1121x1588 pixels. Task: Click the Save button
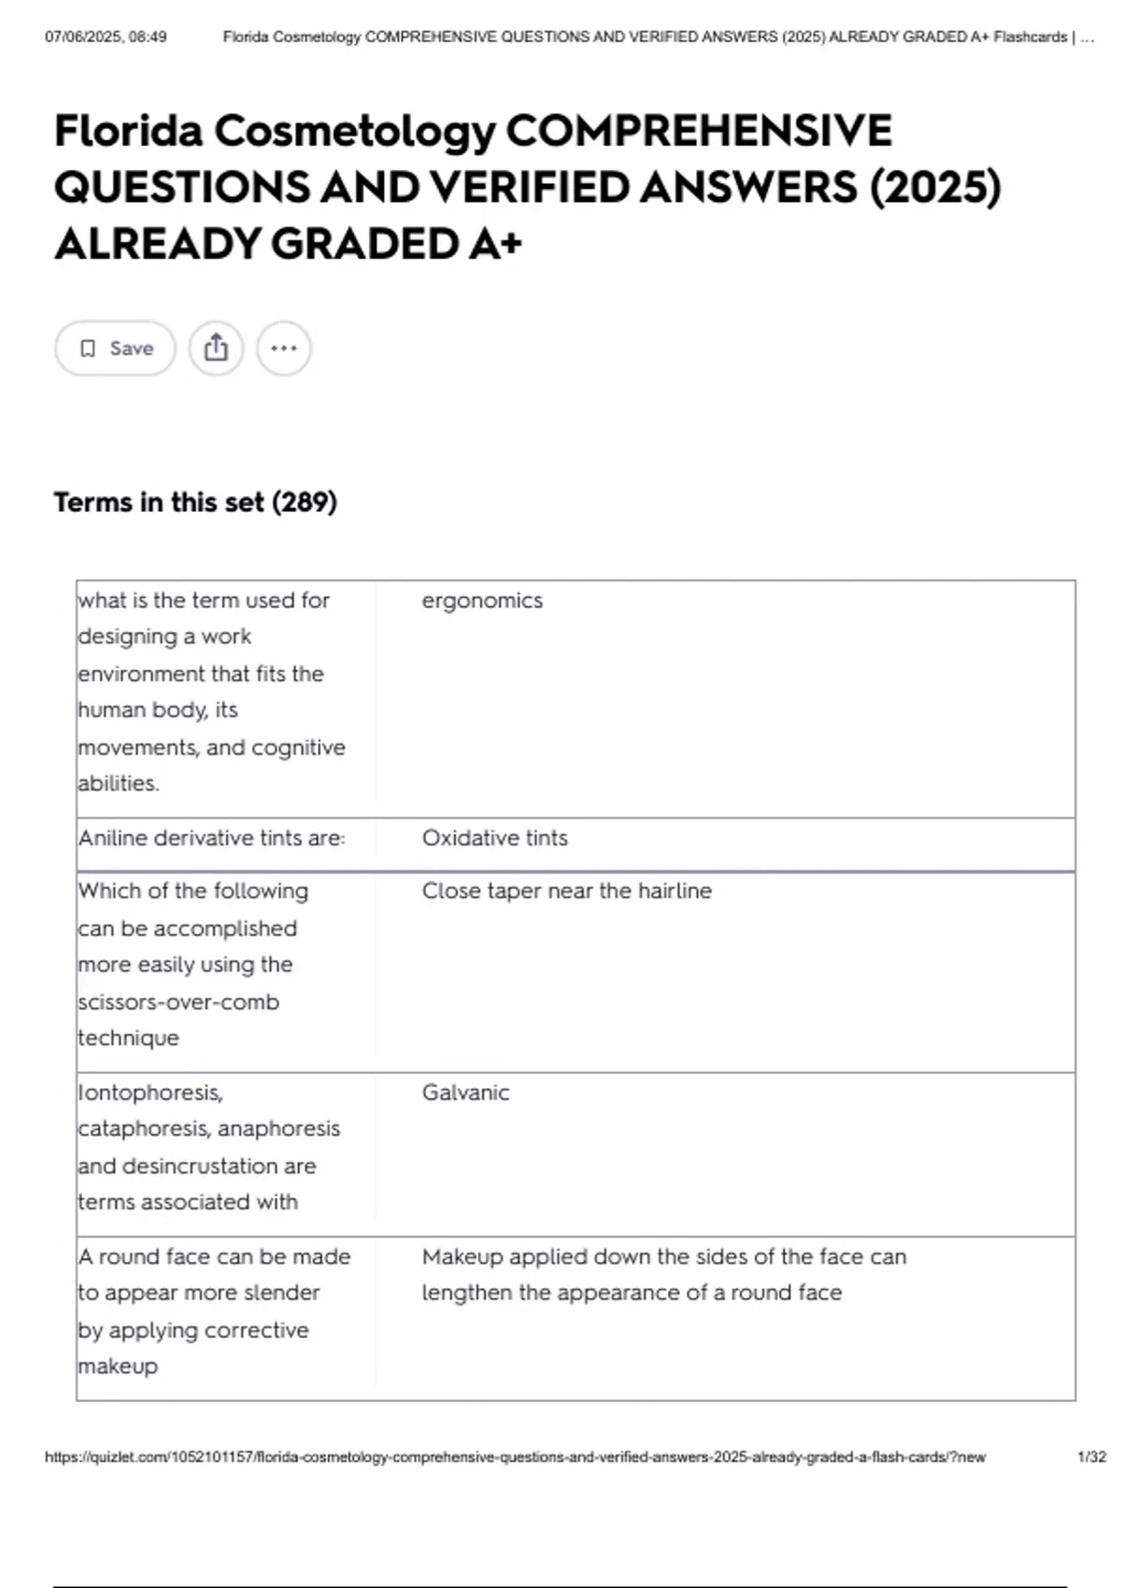[x=115, y=348]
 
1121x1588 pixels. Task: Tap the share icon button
[x=216, y=348]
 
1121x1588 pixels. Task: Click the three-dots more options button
[x=283, y=348]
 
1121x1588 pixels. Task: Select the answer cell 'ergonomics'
[x=482, y=601]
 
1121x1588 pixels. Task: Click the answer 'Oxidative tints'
[x=494, y=838]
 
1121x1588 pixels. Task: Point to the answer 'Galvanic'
[x=465, y=1092]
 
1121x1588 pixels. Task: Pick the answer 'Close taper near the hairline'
[x=566, y=890]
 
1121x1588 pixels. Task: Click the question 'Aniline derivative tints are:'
[x=211, y=838]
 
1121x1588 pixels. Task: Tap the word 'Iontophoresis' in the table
[x=149, y=1092]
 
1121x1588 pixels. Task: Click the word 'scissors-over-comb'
[x=178, y=1001]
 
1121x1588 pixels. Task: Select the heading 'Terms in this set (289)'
[x=195, y=503]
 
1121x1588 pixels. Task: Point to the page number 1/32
[x=1091, y=1456]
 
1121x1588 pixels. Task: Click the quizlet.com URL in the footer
[x=515, y=1456]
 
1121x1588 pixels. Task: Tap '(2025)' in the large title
[x=935, y=187]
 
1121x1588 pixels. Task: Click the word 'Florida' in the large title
[x=128, y=131]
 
